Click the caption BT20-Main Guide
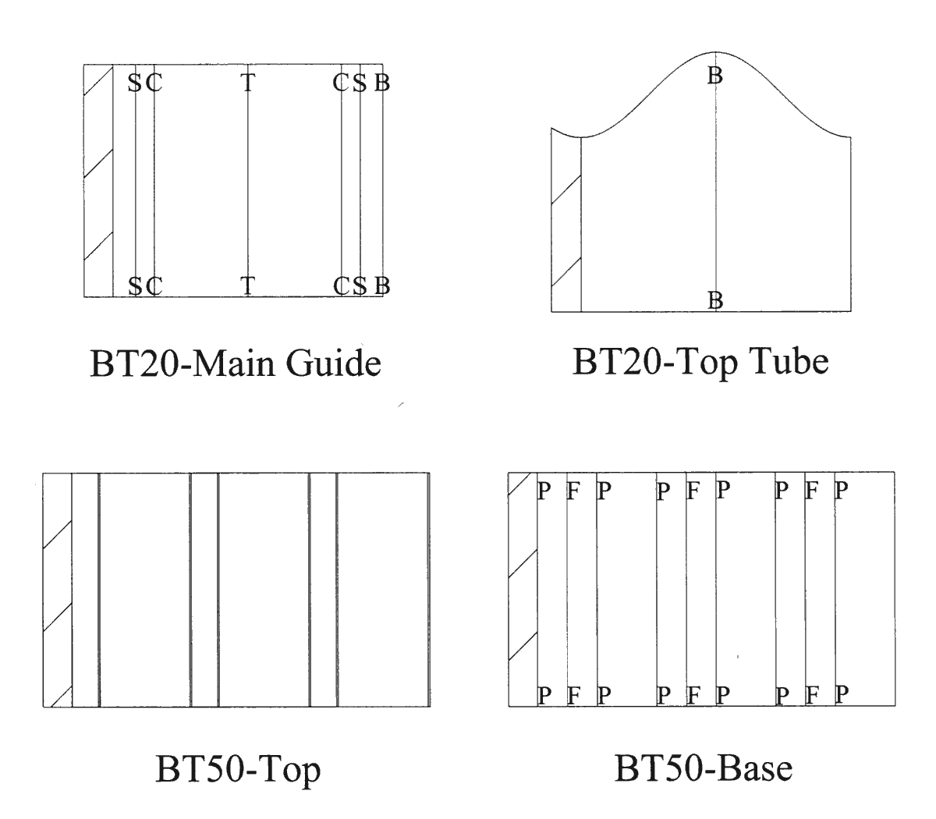236,364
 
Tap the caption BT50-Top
238,771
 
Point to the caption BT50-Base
703,769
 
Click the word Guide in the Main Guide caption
334,364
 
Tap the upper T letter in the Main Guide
247,83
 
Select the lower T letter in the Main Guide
247,285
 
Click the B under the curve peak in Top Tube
715,76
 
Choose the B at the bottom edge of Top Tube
715,300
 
